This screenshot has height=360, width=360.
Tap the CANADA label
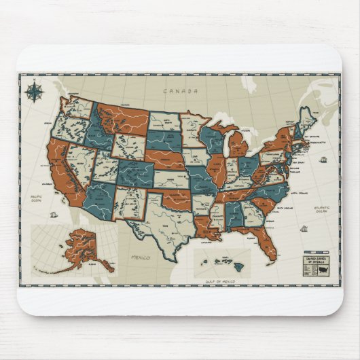tap(179, 90)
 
